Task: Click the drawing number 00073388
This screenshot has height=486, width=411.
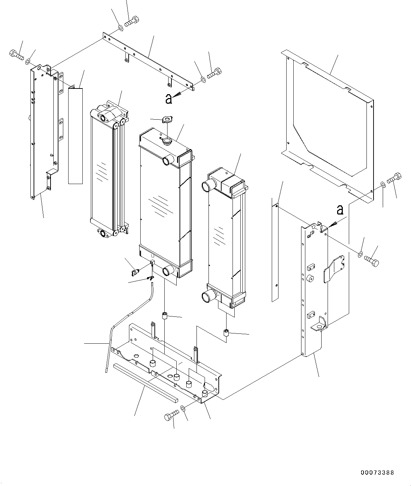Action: pos(377,473)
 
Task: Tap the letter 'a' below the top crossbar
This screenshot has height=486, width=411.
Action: pos(169,99)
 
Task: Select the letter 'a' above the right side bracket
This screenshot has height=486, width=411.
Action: pos(340,210)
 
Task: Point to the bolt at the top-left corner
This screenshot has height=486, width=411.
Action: pos(16,55)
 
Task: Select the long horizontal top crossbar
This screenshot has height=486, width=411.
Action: pos(148,60)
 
